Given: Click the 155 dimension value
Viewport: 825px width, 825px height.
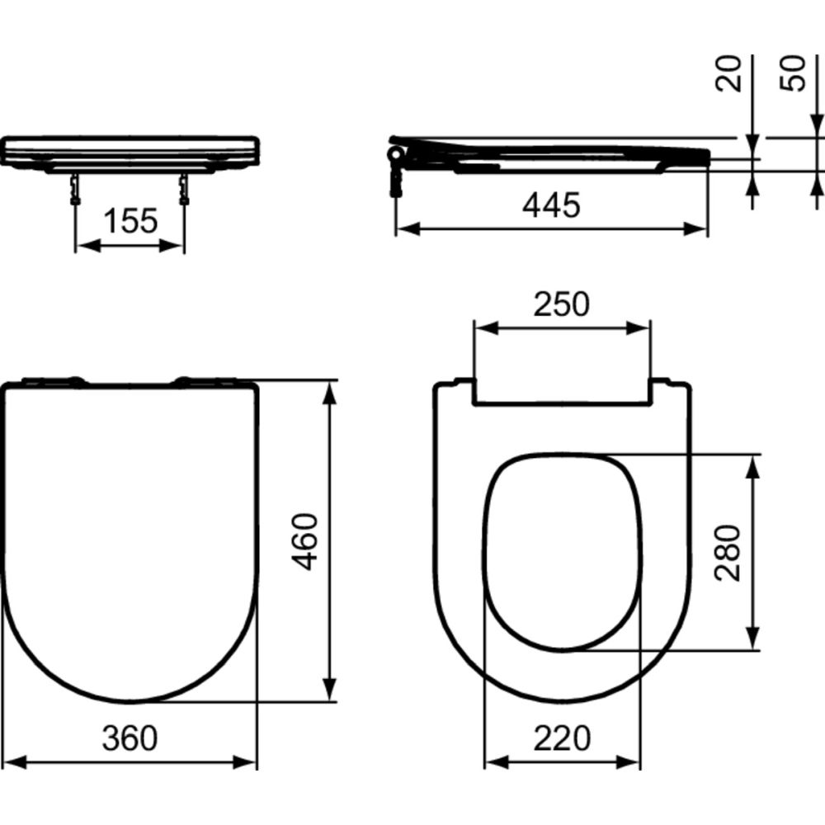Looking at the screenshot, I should [130, 221].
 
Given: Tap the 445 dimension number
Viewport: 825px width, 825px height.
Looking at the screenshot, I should [551, 205].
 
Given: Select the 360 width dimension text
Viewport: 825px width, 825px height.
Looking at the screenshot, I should [130, 738].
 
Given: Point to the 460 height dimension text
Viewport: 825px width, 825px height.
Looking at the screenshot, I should [306, 541].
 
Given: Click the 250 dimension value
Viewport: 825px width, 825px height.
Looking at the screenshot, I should [561, 304].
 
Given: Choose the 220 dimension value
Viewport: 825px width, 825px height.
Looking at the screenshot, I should [561, 738].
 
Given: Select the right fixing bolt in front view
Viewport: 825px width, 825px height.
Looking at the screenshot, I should [183, 188].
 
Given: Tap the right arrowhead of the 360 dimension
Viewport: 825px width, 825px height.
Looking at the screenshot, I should [249, 763].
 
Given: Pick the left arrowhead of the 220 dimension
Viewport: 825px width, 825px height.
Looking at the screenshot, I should [492, 763].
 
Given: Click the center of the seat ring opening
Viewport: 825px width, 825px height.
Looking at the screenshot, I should [561, 551].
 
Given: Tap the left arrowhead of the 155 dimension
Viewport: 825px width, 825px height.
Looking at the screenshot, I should [83, 245].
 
